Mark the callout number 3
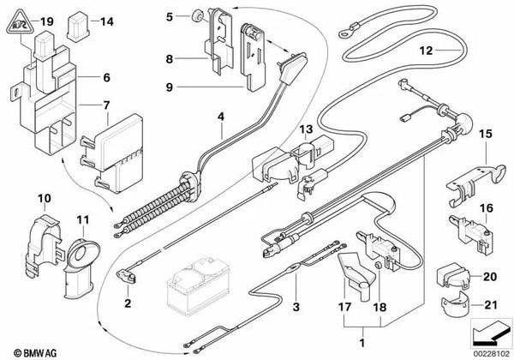pos(296,305)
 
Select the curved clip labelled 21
pos(455,304)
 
